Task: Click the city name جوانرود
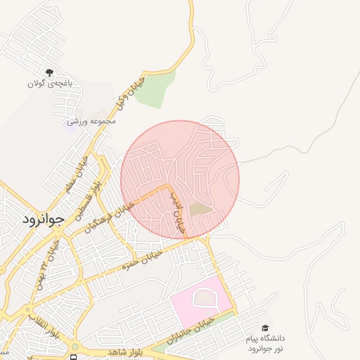(x=43, y=219)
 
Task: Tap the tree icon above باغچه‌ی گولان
(x=50, y=72)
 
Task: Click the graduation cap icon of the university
(x=265, y=328)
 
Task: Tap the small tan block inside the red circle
(x=200, y=209)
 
